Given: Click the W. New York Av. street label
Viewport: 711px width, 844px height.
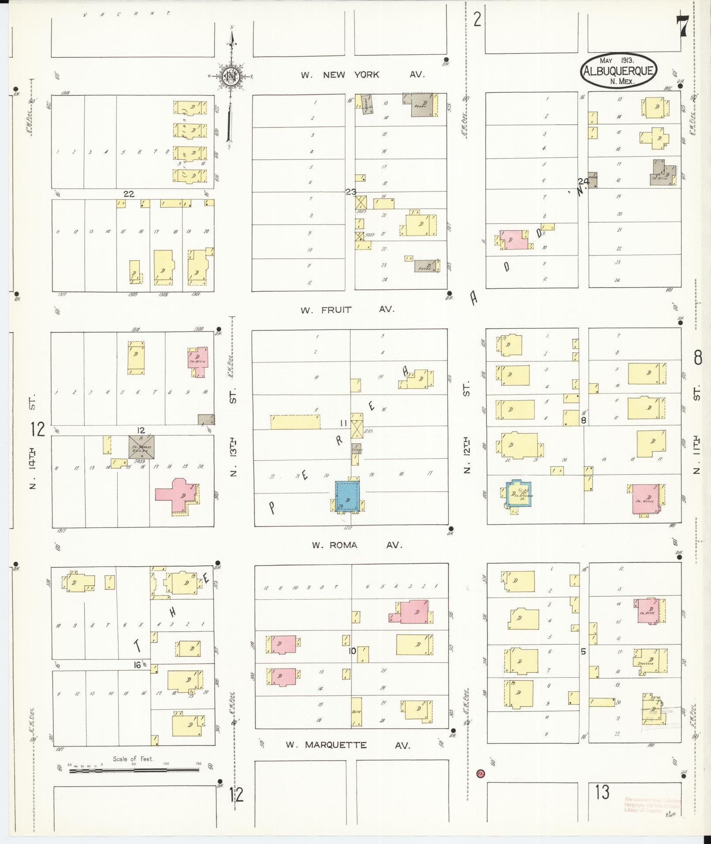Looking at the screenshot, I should click(x=362, y=75).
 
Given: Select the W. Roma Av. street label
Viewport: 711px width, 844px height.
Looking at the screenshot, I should click(x=357, y=545).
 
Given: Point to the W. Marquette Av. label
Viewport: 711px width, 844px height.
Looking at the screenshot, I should click(x=348, y=745).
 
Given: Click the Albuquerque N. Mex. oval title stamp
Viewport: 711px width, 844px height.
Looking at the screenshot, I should click(x=618, y=71).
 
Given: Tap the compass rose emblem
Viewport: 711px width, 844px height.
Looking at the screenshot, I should click(x=231, y=77).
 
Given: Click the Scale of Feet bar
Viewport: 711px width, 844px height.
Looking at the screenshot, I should click(x=134, y=771).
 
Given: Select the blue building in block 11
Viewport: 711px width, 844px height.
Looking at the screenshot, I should click(x=347, y=496).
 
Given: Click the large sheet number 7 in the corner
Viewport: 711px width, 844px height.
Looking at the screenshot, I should click(x=682, y=27).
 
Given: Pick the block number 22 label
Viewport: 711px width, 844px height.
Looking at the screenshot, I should click(x=129, y=194).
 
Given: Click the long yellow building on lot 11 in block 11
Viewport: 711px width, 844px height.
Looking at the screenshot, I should click(x=295, y=422).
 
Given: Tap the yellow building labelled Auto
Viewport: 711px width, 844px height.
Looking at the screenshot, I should click(x=357, y=713).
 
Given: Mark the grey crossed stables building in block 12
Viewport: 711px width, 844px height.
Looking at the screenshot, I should click(x=141, y=447).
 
